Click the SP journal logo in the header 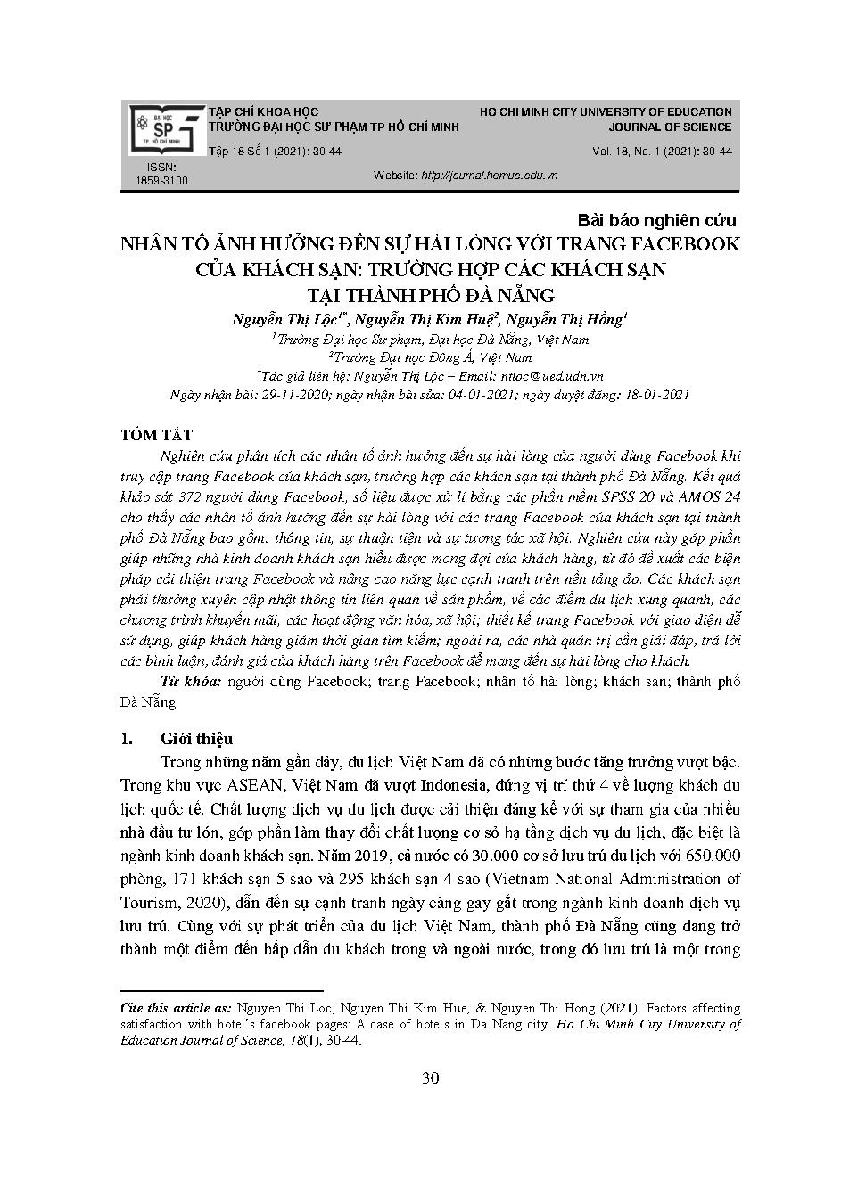167,129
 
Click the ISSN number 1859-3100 161,181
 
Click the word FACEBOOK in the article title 674,243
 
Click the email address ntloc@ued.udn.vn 548,376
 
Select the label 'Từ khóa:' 191,682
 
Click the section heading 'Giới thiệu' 196,739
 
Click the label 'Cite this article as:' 175,1008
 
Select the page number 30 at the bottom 430,1079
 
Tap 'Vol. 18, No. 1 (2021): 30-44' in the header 662,152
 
